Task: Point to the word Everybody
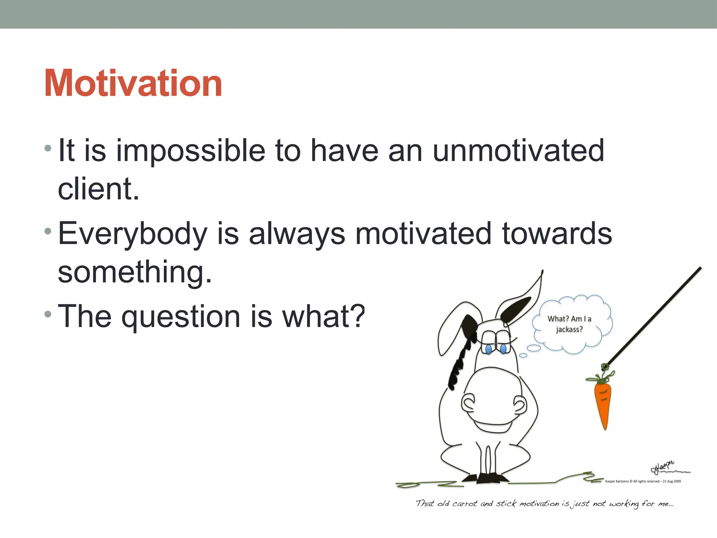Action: pyautogui.click(x=132, y=234)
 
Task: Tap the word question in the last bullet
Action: pyautogui.click(x=181, y=317)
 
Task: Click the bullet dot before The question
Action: pyautogui.click(x=48, y=314)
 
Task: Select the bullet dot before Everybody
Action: pyautogui.click(x=48, y=231)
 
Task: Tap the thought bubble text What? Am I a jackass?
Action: pyautogui.click(x=569, y=324)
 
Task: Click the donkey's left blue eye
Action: pyautogui.click(x=489, y=349)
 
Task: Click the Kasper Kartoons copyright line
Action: pyautogui.click(x=643, y=481)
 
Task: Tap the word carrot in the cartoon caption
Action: pyautogui.click(x=465, y=504)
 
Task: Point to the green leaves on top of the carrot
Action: pyautogui.click(x=601, y=378)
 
